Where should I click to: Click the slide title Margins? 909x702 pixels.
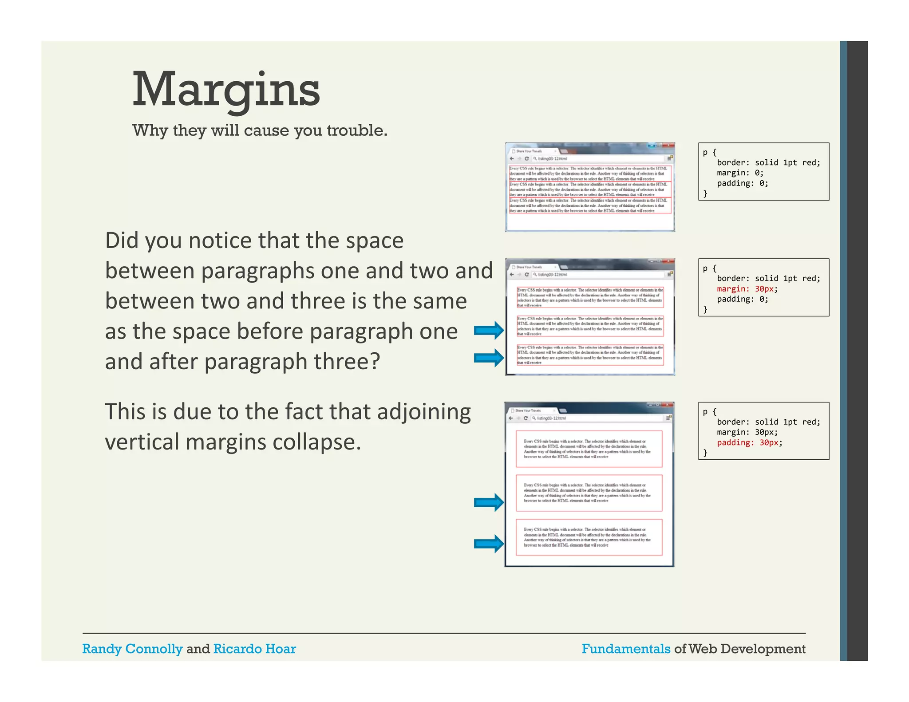226,90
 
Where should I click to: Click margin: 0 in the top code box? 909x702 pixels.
740,173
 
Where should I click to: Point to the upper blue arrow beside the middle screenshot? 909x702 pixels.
489,330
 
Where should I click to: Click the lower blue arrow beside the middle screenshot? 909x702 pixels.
489,358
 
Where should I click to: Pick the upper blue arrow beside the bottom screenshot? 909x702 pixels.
489,502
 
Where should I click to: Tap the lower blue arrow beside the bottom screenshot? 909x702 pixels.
489,543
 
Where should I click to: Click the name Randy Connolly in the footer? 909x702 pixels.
132,649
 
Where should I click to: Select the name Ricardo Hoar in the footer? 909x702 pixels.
254,649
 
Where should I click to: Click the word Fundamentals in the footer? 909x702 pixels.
626,649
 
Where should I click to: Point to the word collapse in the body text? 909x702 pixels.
316,442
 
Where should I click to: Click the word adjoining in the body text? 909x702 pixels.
424,412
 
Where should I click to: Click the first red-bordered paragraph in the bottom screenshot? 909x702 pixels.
589,449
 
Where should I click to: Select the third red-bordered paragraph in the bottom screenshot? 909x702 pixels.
589,537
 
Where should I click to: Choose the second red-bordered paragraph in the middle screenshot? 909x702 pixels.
590,326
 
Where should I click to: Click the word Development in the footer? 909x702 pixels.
763,649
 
